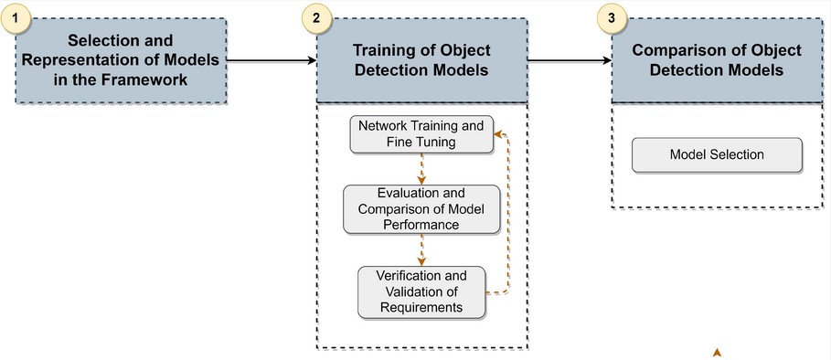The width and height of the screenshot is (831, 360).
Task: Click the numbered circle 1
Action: (16, 18)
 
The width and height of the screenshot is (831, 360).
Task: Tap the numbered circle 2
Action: (315, 18)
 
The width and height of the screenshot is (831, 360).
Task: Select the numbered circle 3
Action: (611, 18)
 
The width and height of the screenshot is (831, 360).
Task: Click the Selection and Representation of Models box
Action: (121, 60)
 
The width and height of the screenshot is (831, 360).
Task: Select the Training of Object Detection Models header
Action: (421, 60)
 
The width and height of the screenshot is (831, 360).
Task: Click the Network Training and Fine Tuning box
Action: (421, 134)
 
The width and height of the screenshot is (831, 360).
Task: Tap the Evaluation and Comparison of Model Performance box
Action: (421, 209)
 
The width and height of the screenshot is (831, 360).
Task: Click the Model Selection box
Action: (717, 154)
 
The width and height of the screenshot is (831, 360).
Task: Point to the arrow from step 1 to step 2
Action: (271, 60)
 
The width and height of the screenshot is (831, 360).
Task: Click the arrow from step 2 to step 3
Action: (570, 60)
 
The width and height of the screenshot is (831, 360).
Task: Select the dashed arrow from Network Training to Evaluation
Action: (421, 169)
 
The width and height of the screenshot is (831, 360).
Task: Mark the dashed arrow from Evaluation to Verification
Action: (421, 249)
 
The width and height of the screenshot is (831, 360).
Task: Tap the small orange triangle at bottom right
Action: (718, 351)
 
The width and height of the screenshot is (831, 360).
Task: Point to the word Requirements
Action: (421, 307)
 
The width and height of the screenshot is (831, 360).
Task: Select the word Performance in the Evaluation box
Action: (421, 224)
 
